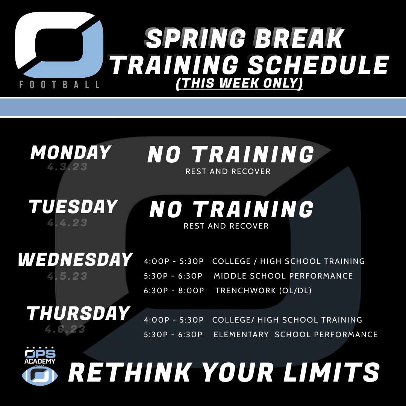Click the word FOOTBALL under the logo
[59, 84]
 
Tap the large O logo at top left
[59, 44]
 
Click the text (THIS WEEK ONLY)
[239, 83]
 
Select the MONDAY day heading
[71, 153]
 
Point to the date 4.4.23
[67, 223]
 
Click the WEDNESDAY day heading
[75, 260]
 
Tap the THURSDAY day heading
[78, 314]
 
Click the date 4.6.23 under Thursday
[65, 330]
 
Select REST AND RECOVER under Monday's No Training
[228, 171]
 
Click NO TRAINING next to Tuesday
[231, 209]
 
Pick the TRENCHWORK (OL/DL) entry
[263, 291]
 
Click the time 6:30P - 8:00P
[174, 291]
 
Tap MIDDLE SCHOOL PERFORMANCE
[283, 276]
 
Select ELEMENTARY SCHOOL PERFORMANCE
[295, 334]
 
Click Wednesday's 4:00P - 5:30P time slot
[174, 261]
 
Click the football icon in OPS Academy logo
[40, 375]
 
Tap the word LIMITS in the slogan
[331, 373]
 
